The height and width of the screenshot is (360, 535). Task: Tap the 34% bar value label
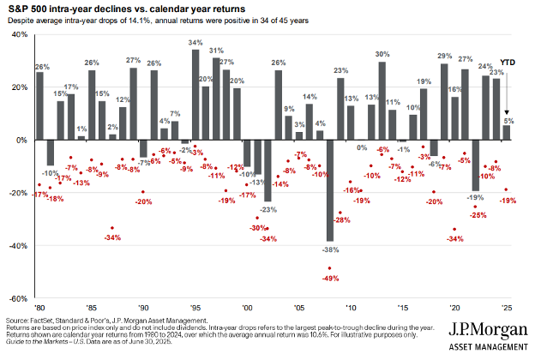(x=195, y=43)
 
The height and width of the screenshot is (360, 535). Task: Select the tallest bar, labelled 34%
(x=195, y=94)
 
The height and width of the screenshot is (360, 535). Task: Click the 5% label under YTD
(x=508, y=120)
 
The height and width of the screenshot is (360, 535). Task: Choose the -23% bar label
(x=268, y=208)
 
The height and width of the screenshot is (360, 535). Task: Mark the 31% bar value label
(x=216, y=51)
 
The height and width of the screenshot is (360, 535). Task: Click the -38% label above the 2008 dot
(x=328, y=250)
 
